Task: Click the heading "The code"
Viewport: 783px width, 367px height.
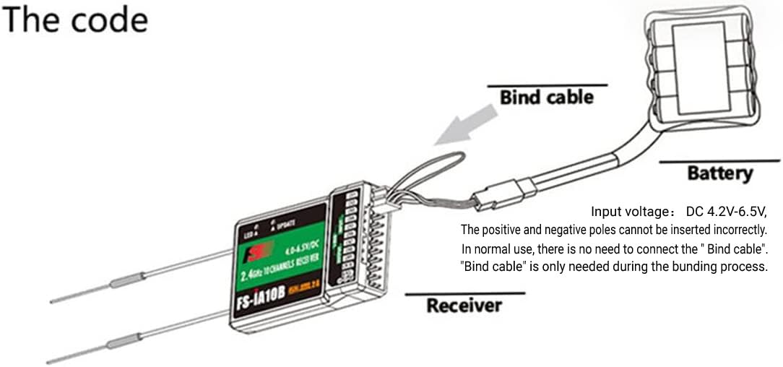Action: click(74, 20)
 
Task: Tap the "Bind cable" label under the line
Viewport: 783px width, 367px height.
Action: click(546, 97)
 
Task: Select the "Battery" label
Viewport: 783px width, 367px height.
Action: click(719, 173)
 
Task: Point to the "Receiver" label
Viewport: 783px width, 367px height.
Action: click(464, 306)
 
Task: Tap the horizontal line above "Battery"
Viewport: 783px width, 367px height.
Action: click(719, 160)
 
